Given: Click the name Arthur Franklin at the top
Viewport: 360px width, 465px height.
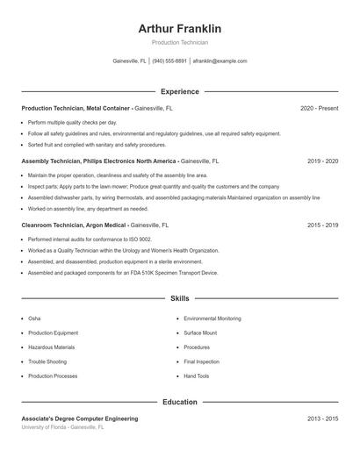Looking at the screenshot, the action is click(x=180, y=29).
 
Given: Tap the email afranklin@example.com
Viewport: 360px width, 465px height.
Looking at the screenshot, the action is click(x=220, y=61).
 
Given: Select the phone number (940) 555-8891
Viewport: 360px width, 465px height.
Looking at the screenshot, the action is click(x=169, y=61).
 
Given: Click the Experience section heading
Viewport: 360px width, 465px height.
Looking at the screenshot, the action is click(x=180, y=91).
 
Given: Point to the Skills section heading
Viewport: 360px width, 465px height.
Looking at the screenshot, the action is click(x=180, y=299).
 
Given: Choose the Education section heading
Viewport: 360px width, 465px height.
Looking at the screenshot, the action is click(x=180, y=402).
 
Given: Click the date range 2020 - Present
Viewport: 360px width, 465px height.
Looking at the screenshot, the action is click(x=319, y=108).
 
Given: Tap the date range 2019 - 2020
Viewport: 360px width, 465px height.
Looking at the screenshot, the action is click(x=322, y=161).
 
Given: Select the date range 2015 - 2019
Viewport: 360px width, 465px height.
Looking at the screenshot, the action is click(x=322, y=225).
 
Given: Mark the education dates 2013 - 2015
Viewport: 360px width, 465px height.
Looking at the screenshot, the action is click(x=322, y=419).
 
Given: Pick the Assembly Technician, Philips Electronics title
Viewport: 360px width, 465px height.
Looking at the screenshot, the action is click(x=99, y=161).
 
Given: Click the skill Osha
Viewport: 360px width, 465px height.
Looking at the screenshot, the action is click(x=34, y=318).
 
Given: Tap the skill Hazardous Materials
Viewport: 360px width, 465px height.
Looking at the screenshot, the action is click(x=52, y=347).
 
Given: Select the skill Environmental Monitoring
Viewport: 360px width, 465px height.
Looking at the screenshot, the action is click(x=212, y=318).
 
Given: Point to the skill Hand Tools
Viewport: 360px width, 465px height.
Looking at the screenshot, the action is click(x=197, y=376).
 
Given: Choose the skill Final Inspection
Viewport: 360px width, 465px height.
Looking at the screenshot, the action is click(x=202, y=361).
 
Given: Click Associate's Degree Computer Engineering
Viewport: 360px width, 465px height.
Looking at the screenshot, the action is click(x=80, y=419).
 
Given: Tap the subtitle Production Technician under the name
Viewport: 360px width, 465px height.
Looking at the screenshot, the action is click(x=180, y=42).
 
